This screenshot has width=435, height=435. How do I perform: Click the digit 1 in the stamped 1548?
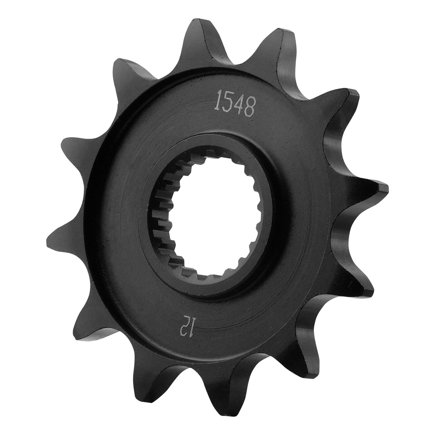tap(219, 101)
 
